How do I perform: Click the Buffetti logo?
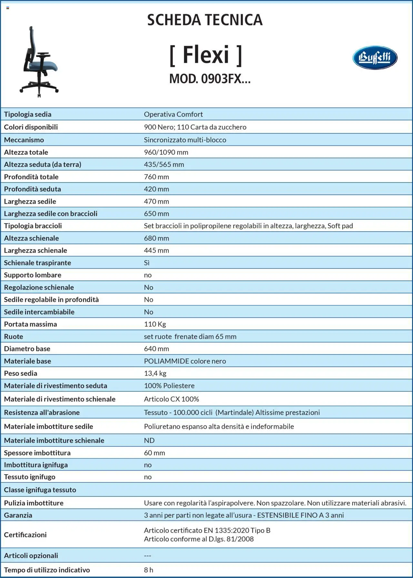tap(375, 58)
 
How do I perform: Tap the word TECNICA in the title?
tap(234, 20)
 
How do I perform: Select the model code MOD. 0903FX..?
tap(210, 79)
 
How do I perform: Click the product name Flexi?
tap(206, 55)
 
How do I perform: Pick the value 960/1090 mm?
tap(166, 152)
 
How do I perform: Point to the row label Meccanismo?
tap(24, 140)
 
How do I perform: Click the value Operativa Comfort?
tap(173, 114)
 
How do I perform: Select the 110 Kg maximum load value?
tap(155, 324)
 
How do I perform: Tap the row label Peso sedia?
tap(21, 373)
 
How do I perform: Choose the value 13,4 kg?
tap(155, 373)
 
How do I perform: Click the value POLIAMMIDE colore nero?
tap(185, 361)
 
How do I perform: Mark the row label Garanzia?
tap(18, 515)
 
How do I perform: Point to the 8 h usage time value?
tap(148, 570)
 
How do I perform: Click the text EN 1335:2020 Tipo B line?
tap(207, 530)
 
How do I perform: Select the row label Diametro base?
tap(27, 349)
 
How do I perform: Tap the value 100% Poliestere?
tap(169, 386)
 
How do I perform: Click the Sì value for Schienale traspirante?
tap(147, 263)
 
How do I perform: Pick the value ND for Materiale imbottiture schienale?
tap(149, 440)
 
